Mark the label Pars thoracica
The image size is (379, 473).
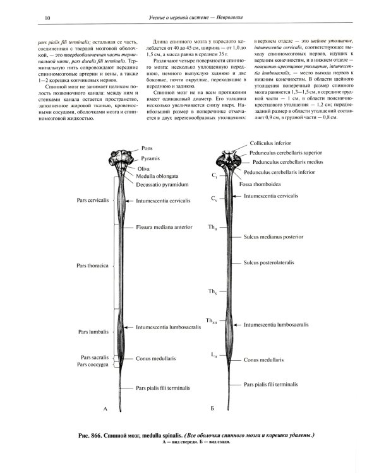(94, 266)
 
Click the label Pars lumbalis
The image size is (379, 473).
(93, 330)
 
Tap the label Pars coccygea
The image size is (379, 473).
(93, 364)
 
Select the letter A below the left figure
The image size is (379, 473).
(106, 410)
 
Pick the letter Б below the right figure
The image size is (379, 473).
(213, 410)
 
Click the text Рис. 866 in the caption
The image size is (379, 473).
(87, 436)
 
